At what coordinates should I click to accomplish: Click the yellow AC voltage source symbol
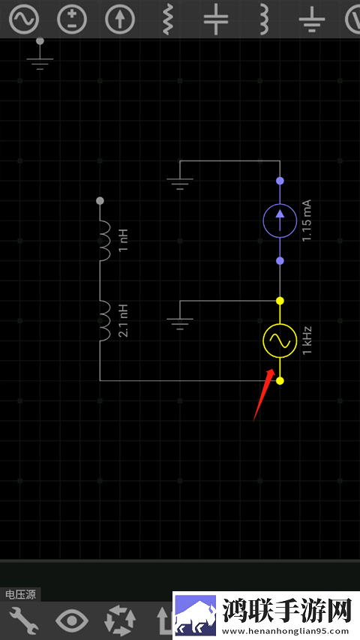(x=280, y=341)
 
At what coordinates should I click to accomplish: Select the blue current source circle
(x=280, y=221)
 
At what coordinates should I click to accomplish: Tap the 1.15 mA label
(x=307, y=221)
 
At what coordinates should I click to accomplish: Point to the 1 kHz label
(x=307, y=341)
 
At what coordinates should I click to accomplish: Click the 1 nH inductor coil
(x=105, y=241)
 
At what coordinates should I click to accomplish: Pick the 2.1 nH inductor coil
(x=105, y=321)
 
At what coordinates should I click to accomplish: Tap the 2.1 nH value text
(x=124, y=321)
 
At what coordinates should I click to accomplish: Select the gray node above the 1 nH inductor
(x=100, y=201)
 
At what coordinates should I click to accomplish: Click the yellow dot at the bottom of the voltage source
(x=280, y=381)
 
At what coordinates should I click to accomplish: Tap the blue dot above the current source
(x=280, y=180)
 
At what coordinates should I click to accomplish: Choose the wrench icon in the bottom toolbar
(x=24, y=620)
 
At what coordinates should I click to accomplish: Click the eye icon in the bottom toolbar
(x=72, y=620)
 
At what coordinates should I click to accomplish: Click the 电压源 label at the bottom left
(x=20, y=594)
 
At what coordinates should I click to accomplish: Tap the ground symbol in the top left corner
(x=40, y=55)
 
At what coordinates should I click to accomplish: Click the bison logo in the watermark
(x=196, y=615)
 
